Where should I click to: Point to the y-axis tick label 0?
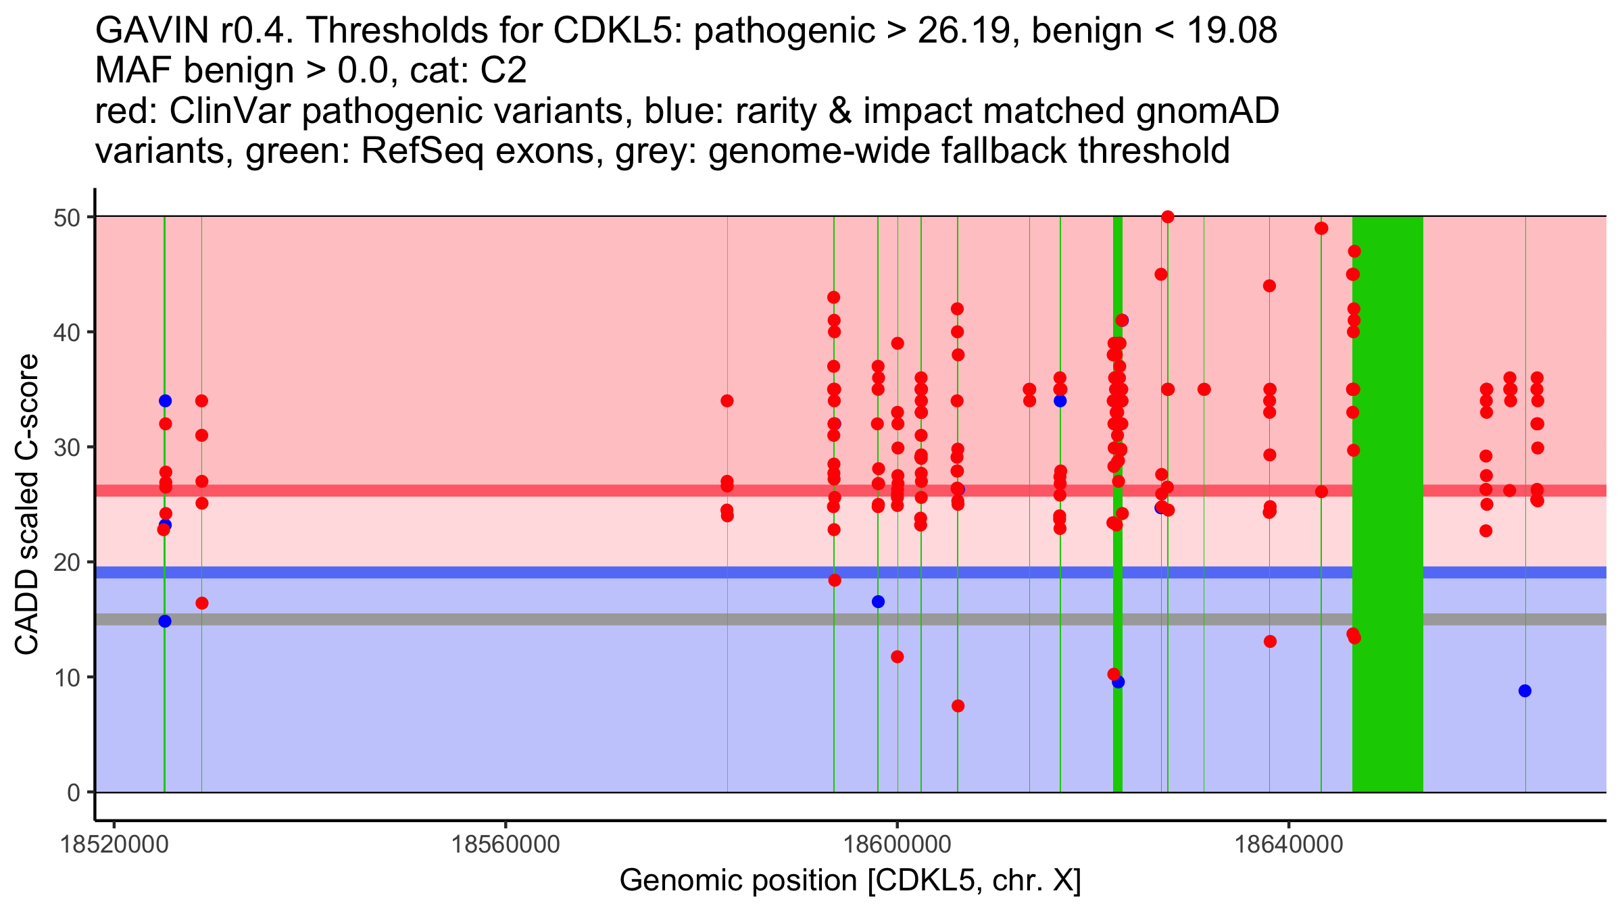click(x=73, y=792)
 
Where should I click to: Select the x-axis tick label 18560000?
click(x=506, y=844)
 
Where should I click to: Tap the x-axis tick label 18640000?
click(x=1289, y=844)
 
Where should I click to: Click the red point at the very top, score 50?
click(x=1168, y=217)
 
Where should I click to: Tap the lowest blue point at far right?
click(x=1525, y=690)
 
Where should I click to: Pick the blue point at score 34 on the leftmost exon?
click(x=165, y=401)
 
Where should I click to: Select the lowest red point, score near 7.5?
click(x=958, y=706)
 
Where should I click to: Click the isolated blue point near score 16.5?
click(x=878, y=601)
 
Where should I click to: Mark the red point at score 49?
click(x=1321, y=228)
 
